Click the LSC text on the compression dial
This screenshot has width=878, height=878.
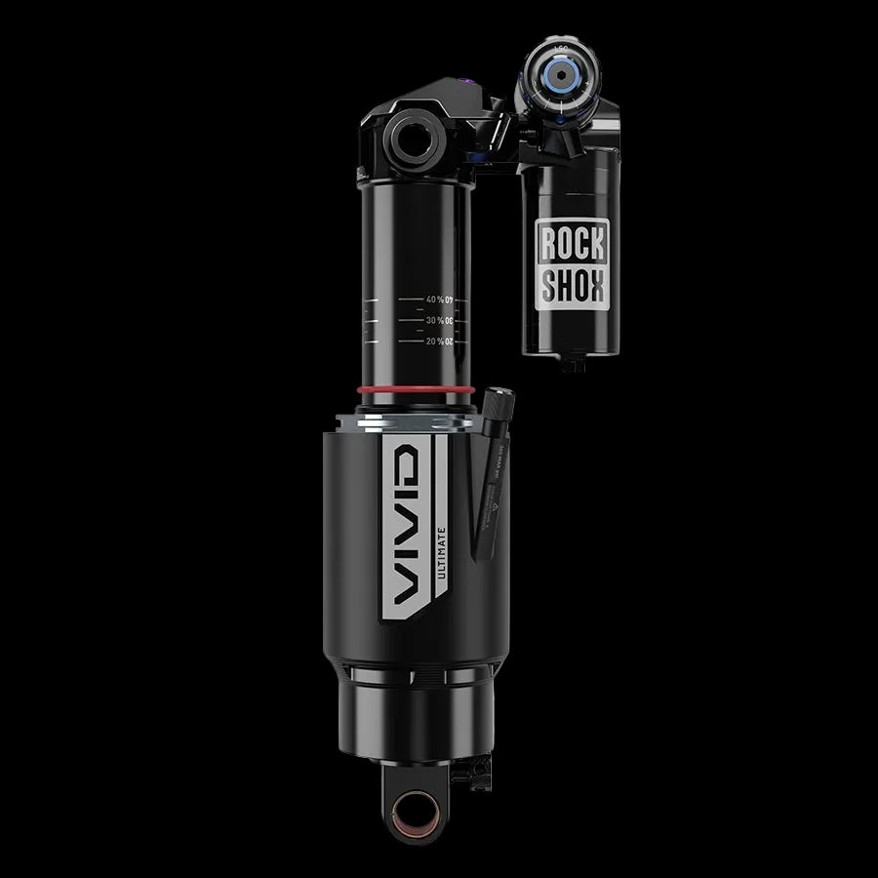click(560, 48)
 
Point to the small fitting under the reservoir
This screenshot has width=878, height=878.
click(574, 366)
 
